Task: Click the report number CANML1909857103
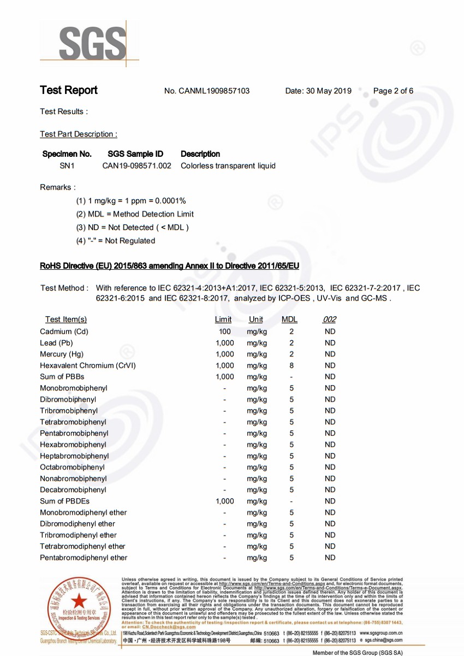coord(214,91)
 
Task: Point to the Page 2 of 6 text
coord(393,91)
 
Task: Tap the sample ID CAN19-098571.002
coord(137,166)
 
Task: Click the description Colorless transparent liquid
coord(228,166)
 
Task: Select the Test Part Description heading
coord(78,134)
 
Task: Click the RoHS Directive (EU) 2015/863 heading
coord(169,266)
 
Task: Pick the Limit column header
coord(223,320)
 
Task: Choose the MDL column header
coord(289,320)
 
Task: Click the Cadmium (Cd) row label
coord(64,332)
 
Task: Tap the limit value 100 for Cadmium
coord(224,332)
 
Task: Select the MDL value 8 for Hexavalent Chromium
coord(292,365)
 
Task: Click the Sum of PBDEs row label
coord(64,501)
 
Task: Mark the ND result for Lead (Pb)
coord(330,343)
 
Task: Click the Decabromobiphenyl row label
coord(73,490)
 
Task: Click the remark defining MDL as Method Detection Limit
coord(135,214)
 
